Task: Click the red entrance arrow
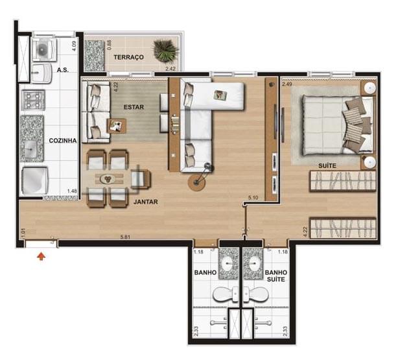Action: tap(41, 256)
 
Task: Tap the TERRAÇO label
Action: tap(129, 57)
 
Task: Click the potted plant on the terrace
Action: tap(165, 51)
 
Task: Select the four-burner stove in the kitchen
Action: tap(33, 100)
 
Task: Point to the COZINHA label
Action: tap(63, 141)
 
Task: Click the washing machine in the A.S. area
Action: tap(44, 49)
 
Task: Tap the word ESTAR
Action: tap(134, 107)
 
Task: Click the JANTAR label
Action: tap(146, 202)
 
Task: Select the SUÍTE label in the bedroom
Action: tap(327, 165)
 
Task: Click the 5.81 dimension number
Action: tap(125, 237)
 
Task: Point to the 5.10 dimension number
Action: tap(253, 197)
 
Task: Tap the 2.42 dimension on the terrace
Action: tap(170, 69)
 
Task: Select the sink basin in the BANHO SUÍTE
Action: tap(253, 264)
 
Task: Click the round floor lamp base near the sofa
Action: tap(196, 182)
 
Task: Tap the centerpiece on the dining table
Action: tap(108, 179)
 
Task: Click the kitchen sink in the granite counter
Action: tap(30, 149)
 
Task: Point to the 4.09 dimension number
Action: tap(74, 46)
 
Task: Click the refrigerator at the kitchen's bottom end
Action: tap(35, 180)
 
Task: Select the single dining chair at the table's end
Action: tap(141, 179)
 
